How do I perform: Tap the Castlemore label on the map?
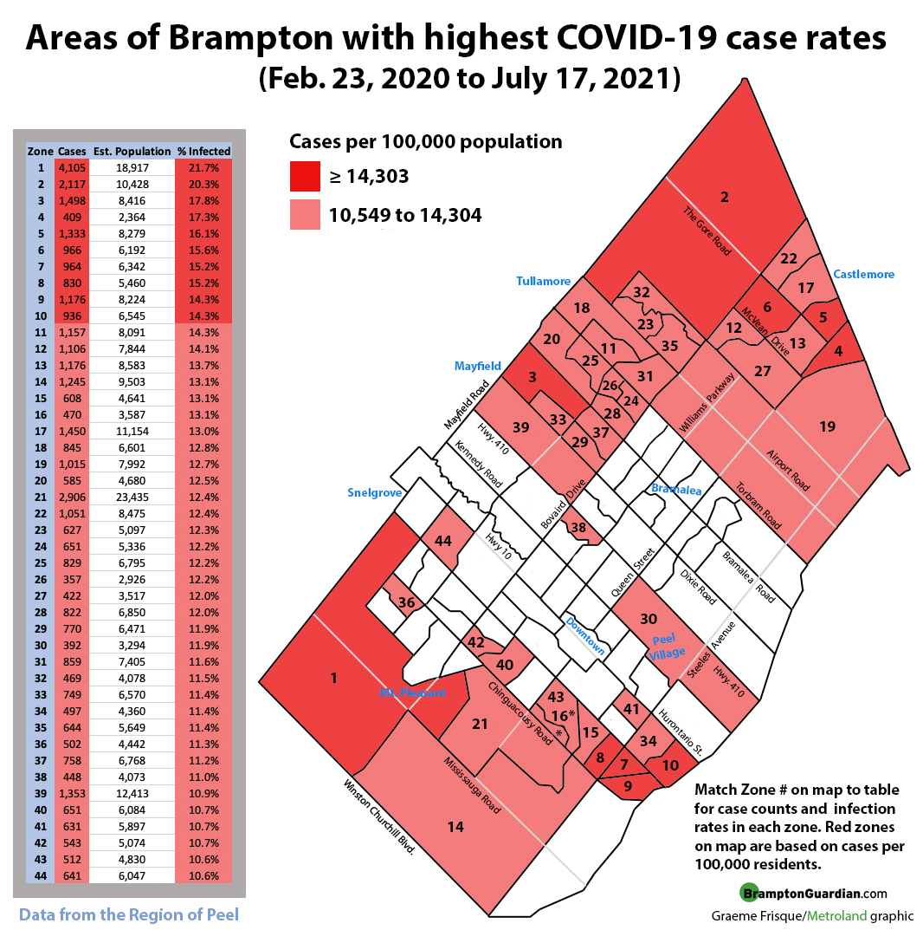tap(863, 275)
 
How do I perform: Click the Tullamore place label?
tap(543, 282)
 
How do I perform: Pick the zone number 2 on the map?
tap(725, 197)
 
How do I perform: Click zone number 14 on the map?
tap(455, 827)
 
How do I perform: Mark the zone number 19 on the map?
tap(827, 426)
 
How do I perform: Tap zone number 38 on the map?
tap(578, 526)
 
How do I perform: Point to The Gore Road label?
tap(707, 231)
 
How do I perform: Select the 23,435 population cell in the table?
tap(132, 497)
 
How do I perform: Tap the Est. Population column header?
tap(132, 151)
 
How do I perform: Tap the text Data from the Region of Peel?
tap(129, 914)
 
